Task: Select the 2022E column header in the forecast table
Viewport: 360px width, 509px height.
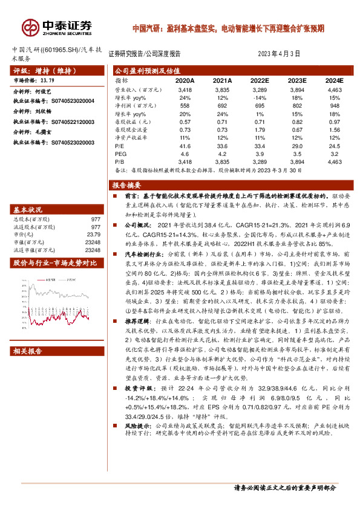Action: pos(260,80)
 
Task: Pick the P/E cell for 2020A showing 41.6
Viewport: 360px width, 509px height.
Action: pos(185,146)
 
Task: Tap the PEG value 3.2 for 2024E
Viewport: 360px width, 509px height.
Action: pos(335,154)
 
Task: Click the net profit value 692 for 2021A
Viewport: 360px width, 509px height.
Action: pos(223,105)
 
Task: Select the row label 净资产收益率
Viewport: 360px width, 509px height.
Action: pos(132,138)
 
